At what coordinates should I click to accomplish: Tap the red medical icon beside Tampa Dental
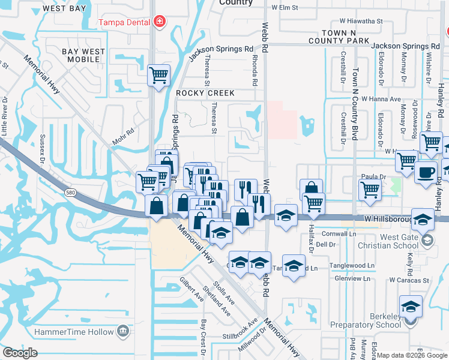[x=159, y=22]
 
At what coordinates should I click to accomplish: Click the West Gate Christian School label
[x=390, y=242]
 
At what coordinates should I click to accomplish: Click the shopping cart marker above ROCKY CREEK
[x=159, y=76]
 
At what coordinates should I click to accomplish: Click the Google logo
[x=20, y=352]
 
